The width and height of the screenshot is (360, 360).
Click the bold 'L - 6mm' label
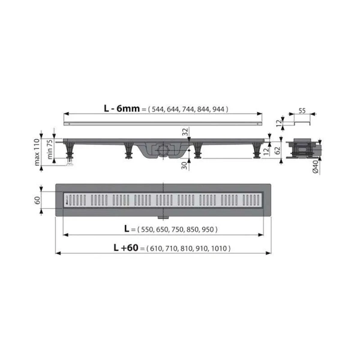[x=122, y=109]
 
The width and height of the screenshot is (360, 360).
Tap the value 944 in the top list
[x=218, y=109]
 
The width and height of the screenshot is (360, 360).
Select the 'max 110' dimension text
[x=37, y=152]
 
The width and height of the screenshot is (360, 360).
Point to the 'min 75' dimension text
[x=50, y=149]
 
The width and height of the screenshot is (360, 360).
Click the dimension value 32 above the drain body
[x=185, y=132]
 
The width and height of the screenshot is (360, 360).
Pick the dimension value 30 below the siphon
[x=184, y=166]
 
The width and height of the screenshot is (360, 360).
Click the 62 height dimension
[x=278, y=151]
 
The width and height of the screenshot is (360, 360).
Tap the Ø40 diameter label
[x=316, y=167]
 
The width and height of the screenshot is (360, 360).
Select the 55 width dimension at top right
[x=302, y=111]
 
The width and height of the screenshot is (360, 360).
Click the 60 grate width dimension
[x=37, y=200]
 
